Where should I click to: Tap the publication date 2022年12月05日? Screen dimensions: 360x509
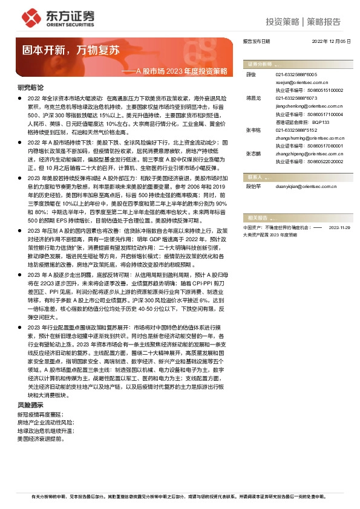(332, 41)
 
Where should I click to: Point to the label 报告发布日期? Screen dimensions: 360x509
(257, 41)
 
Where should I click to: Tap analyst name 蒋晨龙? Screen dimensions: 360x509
(254, 97)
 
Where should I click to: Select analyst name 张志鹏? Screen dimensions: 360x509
(254, 154)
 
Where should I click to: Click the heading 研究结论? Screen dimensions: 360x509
(30, 87)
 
